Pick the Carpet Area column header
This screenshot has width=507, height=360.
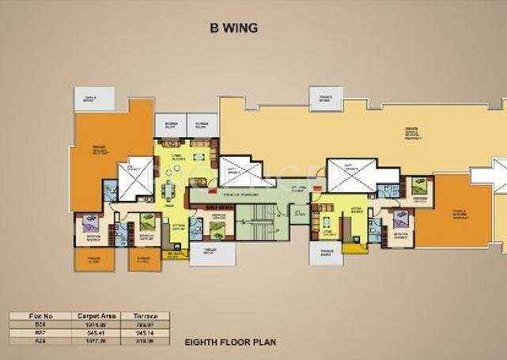pos(93,316)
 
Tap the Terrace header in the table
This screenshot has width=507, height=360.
pos(144,316)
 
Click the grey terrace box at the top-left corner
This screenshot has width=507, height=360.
pos(94,99)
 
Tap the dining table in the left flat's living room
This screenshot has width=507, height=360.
pos(168,191)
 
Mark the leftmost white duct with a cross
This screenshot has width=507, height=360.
pos(135,175)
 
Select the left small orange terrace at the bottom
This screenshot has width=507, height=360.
pos(94,260)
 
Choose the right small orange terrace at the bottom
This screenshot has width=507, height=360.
pos(145,260)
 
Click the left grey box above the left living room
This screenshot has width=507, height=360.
pos(170,125)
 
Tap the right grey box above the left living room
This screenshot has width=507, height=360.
pos(202,125)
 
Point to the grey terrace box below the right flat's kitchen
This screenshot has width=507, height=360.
pos(325,253)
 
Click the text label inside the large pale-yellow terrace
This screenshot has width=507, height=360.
pos(411,133)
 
